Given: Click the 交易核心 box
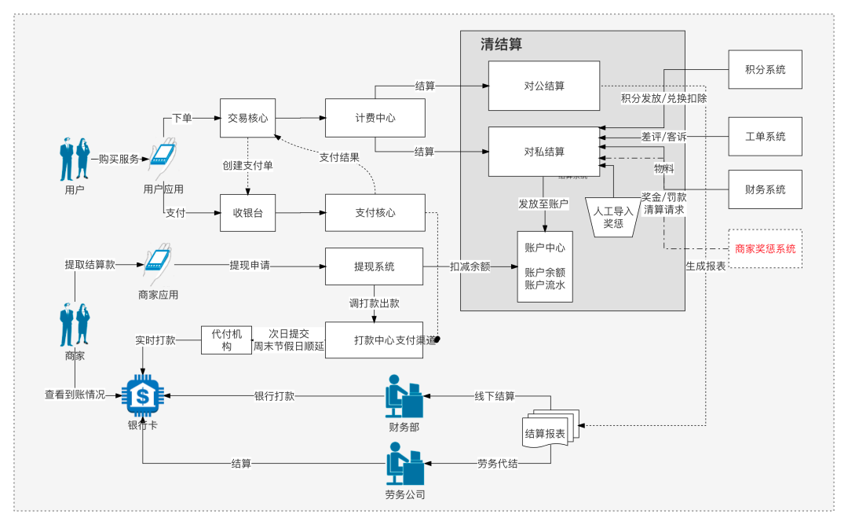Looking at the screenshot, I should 248,118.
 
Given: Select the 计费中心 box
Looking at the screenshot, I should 375,118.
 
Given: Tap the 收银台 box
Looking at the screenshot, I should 248,212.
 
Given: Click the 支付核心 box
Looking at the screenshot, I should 375,212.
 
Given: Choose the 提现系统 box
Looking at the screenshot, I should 374,266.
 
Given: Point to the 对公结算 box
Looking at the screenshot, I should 544,86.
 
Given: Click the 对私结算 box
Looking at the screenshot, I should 544,151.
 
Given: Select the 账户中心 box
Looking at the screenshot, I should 544,266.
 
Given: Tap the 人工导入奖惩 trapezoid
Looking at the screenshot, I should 613,217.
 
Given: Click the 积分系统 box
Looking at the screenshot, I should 765,70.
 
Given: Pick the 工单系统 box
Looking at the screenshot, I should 765,137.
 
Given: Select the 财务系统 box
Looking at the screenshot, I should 765,189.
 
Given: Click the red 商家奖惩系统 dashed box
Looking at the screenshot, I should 765,248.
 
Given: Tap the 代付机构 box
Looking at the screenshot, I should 226,340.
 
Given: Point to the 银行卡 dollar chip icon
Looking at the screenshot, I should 142,396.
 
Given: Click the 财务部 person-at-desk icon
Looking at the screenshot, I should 404,396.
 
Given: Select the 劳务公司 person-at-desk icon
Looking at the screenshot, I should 404,464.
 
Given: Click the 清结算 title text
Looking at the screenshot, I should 501,45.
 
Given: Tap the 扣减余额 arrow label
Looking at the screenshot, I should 470,266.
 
